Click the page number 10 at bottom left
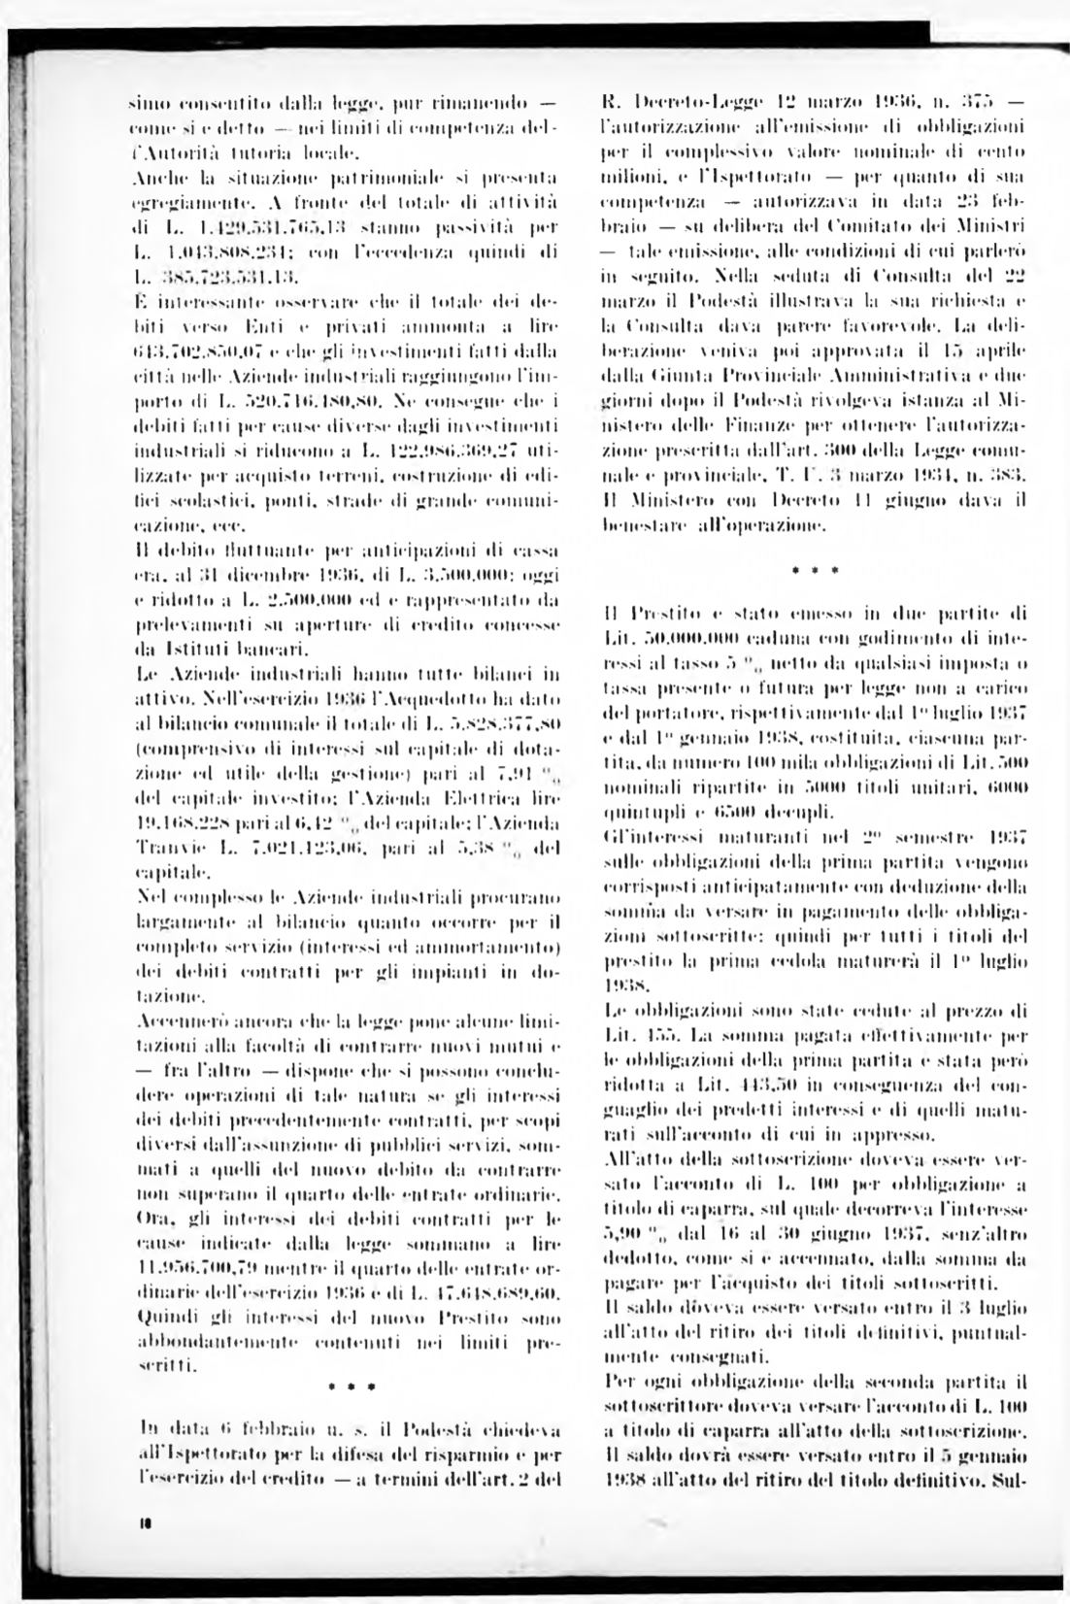point(143,1549)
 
